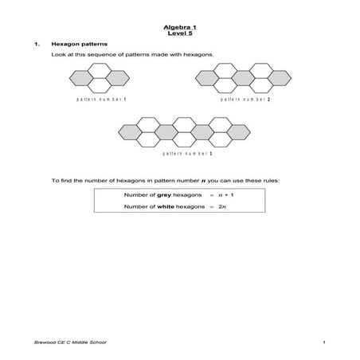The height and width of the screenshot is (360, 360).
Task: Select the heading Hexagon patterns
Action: click(x=74, y=45)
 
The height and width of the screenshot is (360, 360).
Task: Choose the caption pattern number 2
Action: click(x=245, y=100)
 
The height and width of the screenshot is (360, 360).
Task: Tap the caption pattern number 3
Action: click(x=187, y=151)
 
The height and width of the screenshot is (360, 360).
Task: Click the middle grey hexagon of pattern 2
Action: click(x=245, y=78)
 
